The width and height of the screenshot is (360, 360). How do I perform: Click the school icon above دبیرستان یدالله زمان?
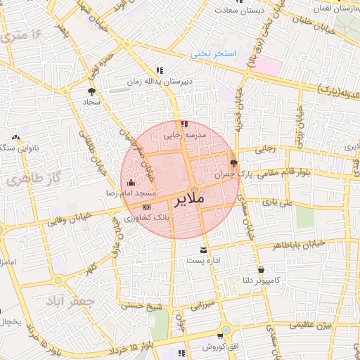point(160,70)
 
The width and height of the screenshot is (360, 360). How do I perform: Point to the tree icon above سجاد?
point(91,91)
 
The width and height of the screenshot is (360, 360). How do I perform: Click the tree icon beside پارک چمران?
point(233,162)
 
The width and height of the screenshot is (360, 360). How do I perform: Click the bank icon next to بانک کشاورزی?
point(146,207)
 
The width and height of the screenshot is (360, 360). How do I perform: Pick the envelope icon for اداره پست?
point(204,250)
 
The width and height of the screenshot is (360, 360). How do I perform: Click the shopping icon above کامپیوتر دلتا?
point(262,269)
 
